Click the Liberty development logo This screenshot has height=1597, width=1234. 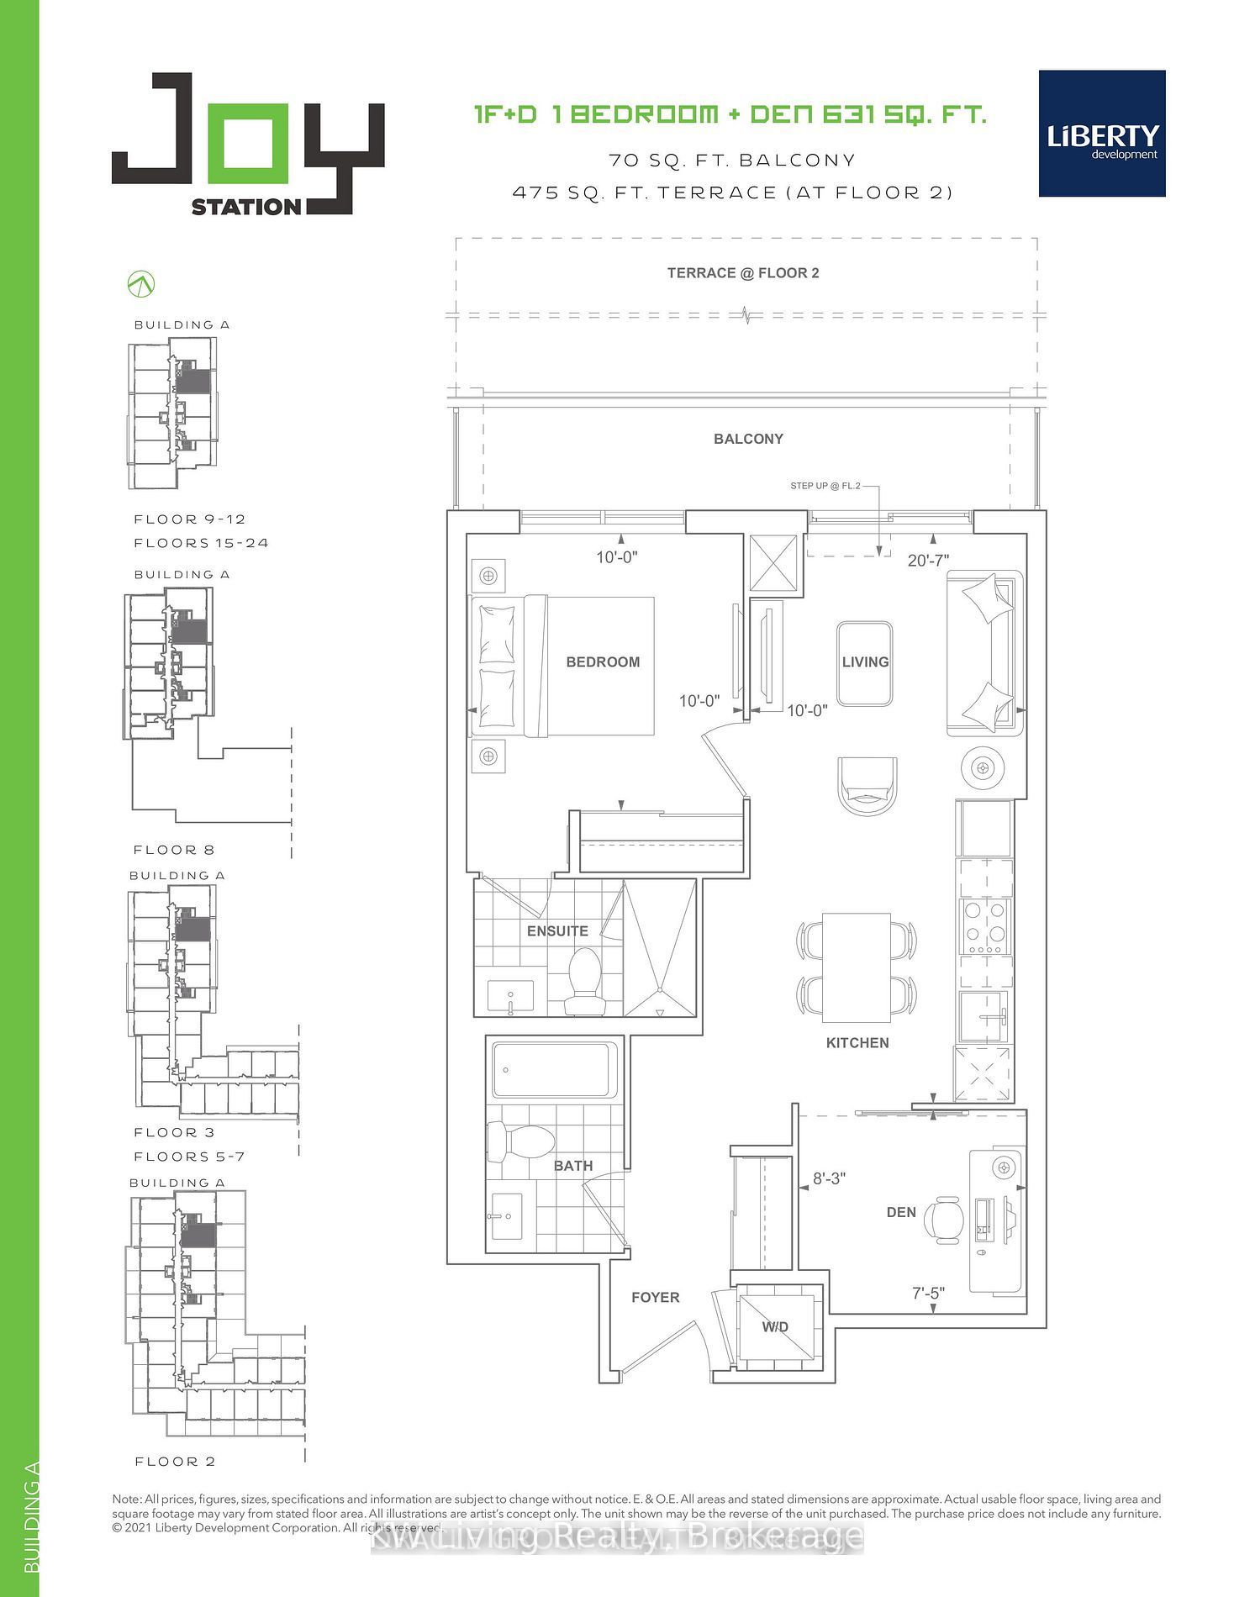pos(1101,134)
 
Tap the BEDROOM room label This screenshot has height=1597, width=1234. pos(603,662)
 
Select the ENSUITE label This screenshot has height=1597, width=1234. pos(557,931)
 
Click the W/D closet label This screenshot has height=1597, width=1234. pos(775,1327)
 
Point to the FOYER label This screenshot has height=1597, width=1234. pos(655,1298)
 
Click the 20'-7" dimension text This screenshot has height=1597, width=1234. pos(928,561)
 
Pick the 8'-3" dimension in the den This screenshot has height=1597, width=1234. pos(828,1179)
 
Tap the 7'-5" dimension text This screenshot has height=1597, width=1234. pos(928,1294)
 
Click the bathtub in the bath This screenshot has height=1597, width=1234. pos(555,1070)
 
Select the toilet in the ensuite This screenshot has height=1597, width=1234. pos(583,981)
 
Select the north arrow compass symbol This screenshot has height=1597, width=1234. pos(141,284)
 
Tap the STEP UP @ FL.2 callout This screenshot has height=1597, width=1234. pos(825,486)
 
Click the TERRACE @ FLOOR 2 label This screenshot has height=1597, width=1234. pos(742,273)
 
